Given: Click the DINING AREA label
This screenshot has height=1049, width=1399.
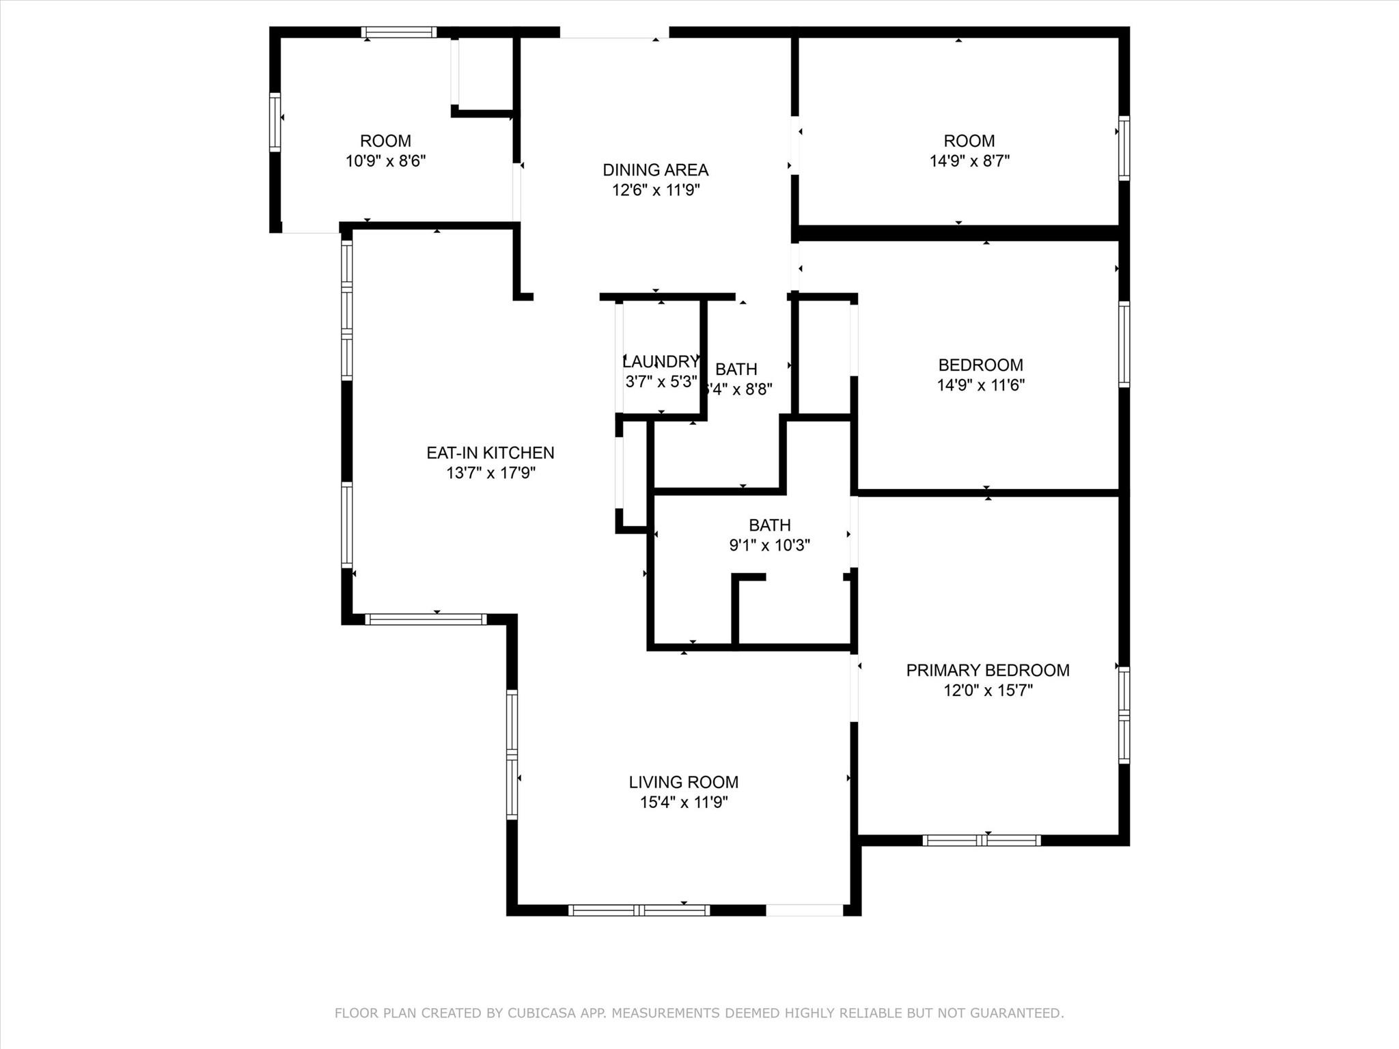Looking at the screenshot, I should (x=655, y=170).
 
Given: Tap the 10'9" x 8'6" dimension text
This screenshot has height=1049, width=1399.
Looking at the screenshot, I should (x=385, y=161).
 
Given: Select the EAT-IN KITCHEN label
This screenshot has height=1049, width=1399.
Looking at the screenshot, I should (x=490, y=453).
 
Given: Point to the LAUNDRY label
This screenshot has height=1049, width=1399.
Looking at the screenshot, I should (x=660, y=361).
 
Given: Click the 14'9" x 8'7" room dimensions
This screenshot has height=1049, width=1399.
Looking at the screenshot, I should (x=969, y=161).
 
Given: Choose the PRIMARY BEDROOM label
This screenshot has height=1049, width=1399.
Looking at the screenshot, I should (x=987, y=671).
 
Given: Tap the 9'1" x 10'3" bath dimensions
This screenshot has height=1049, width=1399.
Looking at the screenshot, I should (x=769, y=545).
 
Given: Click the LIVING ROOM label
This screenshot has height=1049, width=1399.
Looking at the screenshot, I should (x=683, y=782).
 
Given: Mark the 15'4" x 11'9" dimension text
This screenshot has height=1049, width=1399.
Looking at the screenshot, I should (x=683, y=802).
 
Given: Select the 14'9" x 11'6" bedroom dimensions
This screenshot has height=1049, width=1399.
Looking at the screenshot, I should (x=980, y=385).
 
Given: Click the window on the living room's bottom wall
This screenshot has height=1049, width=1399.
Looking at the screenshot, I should (x=639, y=910).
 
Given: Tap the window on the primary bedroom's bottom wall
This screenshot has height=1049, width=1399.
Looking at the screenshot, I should (x=981, y=840).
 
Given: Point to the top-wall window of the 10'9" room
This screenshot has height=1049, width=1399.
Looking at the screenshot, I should (x=398, y=32).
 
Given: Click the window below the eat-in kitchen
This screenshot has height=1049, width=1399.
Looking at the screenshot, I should (x=426, y=619).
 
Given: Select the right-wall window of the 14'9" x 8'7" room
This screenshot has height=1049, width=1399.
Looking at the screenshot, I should (x=1124, y=148).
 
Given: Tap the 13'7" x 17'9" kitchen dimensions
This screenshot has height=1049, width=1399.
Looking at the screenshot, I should (x=490, y=473).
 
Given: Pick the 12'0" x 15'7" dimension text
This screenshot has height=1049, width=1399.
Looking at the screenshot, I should (x=987, y=690).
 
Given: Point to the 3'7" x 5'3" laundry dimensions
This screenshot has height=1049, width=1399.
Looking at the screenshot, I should (x=661, y=381).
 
